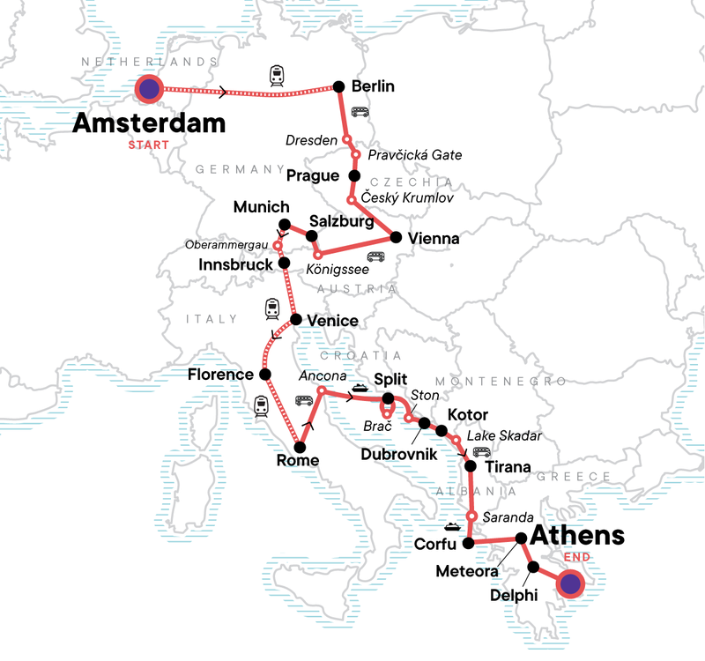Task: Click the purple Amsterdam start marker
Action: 150,88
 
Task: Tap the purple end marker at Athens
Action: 570,583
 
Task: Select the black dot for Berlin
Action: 337,86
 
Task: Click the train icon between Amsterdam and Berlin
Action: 276,77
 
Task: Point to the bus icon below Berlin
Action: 360,112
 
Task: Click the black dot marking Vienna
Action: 396,238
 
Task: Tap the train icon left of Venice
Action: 272,308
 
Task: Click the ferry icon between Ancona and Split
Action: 360,387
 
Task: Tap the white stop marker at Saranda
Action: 472,516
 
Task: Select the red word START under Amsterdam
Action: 150,145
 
